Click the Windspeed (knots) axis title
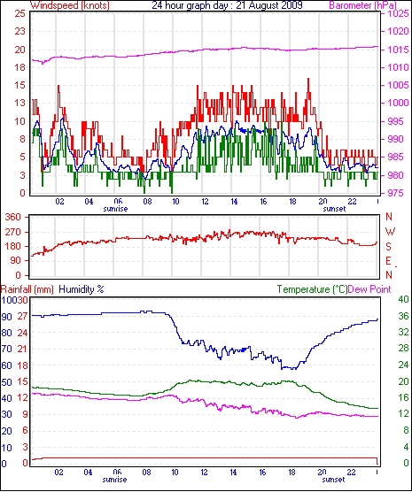pyautogui.click(x=70, y=5)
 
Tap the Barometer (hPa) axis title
pyautogui.click(x=362, y=5)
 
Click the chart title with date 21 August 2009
pyautogui.click(x=227, y=5)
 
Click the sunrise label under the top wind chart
pyautogui.click(x=115, y=209)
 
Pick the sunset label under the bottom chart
pyautogui.click(x=334, y=480)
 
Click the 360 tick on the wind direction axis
pyautogui.click(x=13, y=217)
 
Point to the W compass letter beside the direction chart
pyautogui.click(x=390, y=232)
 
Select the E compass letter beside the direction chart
pyautogui.click(x=388, y=261)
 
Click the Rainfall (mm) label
pyautogui.click(x=27, y=289)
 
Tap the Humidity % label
pyautogui.click(x=82, y=289)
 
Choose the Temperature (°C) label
pyautogui.click(x=312, y=289)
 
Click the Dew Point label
pyautogui.click(x=369, y=289)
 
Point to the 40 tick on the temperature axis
pyautogui.click(x=403, y=299)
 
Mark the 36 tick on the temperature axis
pyautogui.click(x=403, y=316)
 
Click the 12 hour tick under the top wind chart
pyautogui.click(x=205, y=202)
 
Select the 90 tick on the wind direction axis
pyautogui.click(x=16, y=260)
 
